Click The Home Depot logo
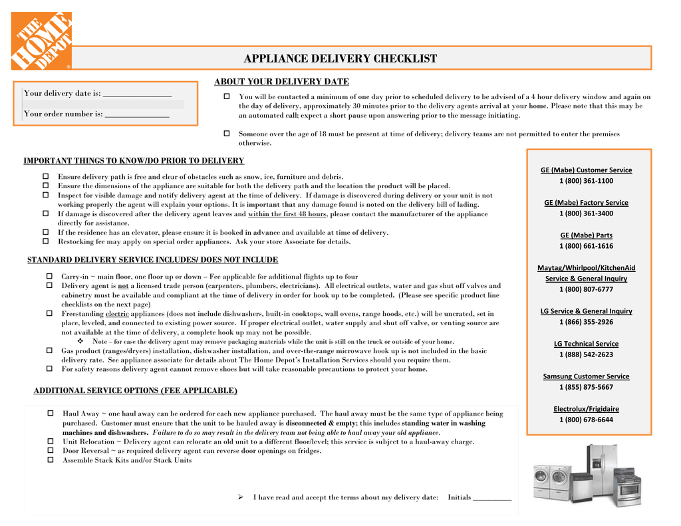coord(41,41)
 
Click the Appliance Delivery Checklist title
coord(340,59)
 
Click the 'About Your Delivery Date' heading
coord(281,82)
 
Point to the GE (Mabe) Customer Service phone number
coord(586,181)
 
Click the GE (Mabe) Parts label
coord(586,235)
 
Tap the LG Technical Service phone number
coord(586,354)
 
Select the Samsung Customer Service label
coord(586,376)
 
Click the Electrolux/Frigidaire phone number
coord(586,420)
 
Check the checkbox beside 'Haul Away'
coord(51,413)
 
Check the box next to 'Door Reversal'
coord(51,450)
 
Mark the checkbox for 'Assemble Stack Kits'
coord(51,460)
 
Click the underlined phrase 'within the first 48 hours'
coord(287,214)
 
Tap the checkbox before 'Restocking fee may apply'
coord(46,241)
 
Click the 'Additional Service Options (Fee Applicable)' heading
coord(135,390)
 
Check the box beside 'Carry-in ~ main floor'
coord(49,276)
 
